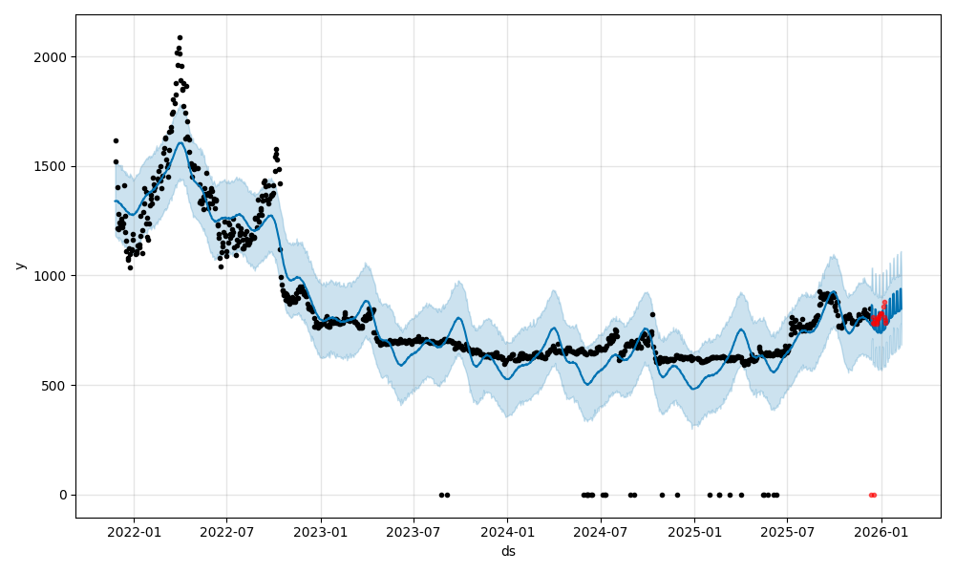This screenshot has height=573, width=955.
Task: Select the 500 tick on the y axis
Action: click(x=56, y=386)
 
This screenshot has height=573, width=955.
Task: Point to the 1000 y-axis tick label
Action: click(x=53, y=276)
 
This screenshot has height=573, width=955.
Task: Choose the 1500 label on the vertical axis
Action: click(x=53, y=166)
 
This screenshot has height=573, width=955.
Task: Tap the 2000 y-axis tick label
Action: click(x=53, y=57)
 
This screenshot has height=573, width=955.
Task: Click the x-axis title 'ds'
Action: click(x=508, y=551)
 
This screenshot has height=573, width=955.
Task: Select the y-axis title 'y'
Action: click(x=18, y=265)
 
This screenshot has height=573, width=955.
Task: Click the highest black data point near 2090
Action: click(x=180, y=37)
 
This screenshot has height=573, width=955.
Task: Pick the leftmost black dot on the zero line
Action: click(x=441, y=495)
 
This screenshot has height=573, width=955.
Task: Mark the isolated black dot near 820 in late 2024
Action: click(x=652, y=314)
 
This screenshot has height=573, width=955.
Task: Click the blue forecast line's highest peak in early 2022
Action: click(x=180, y=143)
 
